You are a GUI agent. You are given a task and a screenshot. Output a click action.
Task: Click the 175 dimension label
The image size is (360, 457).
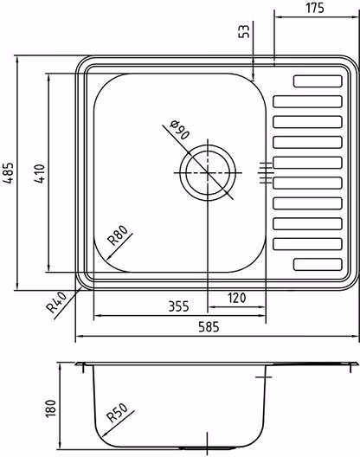(315, 8)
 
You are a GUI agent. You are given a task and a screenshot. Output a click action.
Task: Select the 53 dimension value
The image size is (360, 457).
(244, 31)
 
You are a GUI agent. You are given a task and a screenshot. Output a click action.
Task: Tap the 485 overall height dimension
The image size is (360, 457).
(8, 172)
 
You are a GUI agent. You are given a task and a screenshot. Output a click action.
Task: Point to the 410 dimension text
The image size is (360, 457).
(39, 174)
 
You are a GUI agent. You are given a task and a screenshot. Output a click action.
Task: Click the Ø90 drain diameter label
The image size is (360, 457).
(180, 130)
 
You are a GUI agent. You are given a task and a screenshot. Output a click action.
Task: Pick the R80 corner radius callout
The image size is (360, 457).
(118, 235)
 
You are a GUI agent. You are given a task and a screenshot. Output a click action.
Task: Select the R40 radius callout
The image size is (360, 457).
(57, 303)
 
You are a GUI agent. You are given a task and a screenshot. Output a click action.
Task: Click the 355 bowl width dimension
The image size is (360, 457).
(178, 306)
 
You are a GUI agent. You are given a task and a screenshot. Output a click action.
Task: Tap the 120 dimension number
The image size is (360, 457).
(236, 298)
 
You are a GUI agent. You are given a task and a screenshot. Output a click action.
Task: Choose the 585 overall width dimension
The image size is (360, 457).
(209, 326)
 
